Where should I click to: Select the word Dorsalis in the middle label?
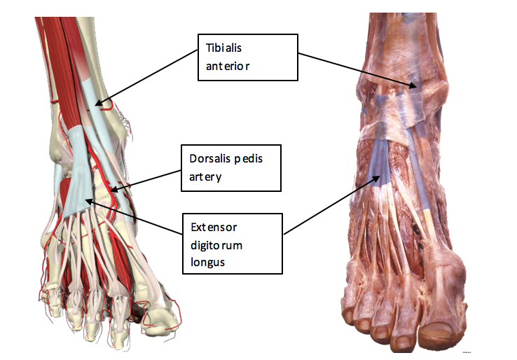click(208, 159)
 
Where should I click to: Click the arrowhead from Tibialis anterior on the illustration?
click(97, 106)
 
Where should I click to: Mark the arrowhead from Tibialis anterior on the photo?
click(415, 88)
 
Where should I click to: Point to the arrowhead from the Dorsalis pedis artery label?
click(110, 189)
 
